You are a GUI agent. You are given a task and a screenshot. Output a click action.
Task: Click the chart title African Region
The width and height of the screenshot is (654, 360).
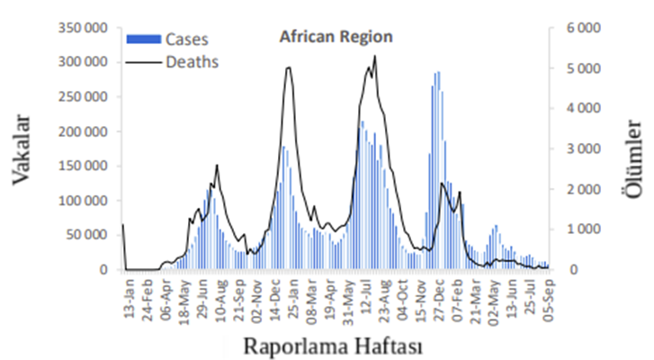coord(336,38)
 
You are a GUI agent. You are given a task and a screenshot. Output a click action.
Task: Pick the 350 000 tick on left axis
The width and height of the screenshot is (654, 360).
coord(82,28)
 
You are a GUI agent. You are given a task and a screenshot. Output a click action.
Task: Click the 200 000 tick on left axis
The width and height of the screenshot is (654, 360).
coord(82,131)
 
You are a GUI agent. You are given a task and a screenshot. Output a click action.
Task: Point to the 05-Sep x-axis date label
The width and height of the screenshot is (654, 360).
coord(546,297)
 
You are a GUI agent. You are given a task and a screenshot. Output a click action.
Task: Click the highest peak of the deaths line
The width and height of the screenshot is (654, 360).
coord(374,56)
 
